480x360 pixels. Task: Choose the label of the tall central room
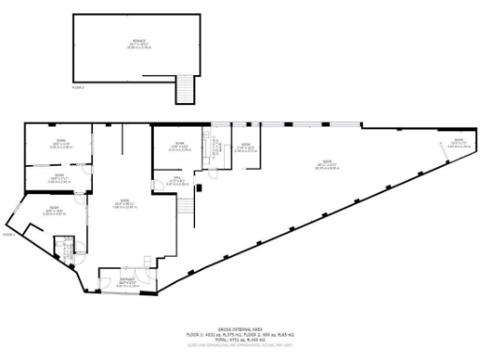pos(119,205)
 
